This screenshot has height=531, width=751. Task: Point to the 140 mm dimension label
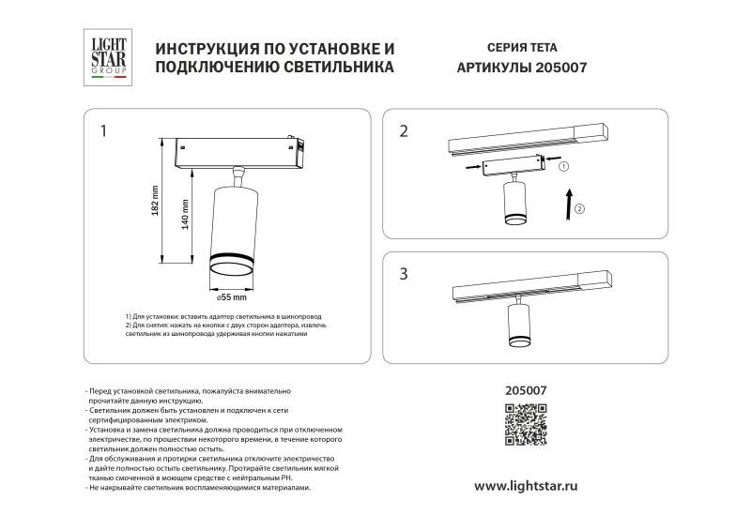[185, 217]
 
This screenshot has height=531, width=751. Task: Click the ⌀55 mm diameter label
[231, 297]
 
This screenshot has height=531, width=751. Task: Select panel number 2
[404, 130]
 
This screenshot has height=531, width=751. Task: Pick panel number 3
[404, 274]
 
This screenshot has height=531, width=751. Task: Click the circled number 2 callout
[579, 208]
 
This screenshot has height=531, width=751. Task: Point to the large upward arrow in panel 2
[567, 203]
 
